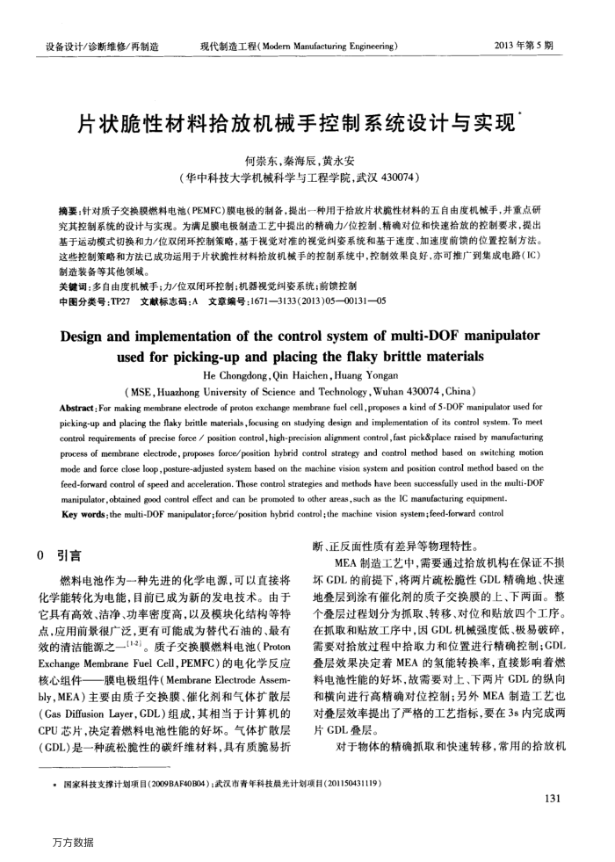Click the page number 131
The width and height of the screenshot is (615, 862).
pyautogui.click(x=552, y=799)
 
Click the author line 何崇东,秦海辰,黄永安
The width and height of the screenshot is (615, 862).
pyautogui.click(x=307, y=163)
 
